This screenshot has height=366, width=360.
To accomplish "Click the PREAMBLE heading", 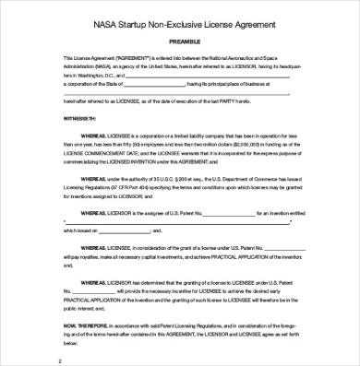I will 182,41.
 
